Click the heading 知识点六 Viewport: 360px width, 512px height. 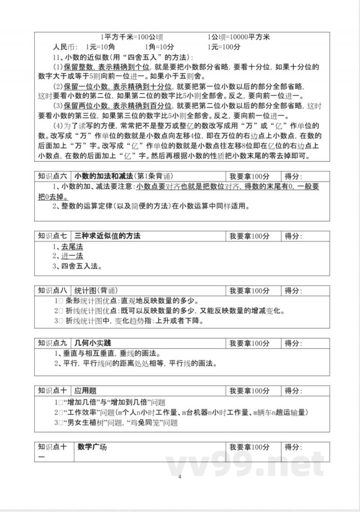click(x=53, y=176)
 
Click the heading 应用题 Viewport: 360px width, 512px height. click(x=85, y=390)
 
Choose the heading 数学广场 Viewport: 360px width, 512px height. click(x=92, y=447)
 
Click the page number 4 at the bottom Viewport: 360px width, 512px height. click(x=180, y=477)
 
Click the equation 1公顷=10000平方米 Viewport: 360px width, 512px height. click(x=238, y=37)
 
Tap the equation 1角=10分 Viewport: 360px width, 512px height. click(x=159, y=47)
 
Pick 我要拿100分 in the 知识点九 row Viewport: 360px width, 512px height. click(x=249, y=344)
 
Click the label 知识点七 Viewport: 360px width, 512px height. click(x=53, y=236)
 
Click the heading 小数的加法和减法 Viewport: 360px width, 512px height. click(x=103, y=176)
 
